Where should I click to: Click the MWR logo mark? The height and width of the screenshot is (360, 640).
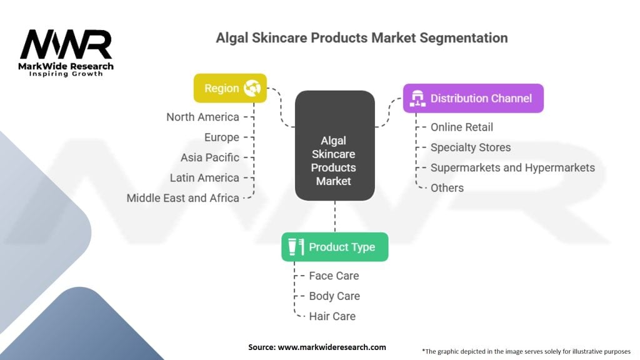tap(66, 44)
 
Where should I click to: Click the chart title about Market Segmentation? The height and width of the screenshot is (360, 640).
tap(362, 38)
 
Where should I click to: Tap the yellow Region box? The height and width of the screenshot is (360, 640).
tap(230, 88)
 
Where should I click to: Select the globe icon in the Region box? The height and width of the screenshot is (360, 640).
tap(252, 87)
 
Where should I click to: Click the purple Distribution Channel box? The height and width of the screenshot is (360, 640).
tap(474, 98)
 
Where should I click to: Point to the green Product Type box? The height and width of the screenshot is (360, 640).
tap(335, 247)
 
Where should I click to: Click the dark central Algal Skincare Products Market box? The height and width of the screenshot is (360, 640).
tap(335, 146)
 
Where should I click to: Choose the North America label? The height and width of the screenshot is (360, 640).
tap(203, 117)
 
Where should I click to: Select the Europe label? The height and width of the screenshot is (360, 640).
tap(222, 137)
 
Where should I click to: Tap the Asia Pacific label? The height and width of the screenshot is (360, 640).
tap(210, 157)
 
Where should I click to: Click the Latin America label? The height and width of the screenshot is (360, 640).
tap(204, 178)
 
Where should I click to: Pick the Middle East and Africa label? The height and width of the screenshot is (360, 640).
tap(183, 198)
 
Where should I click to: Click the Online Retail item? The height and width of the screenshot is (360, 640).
tap(462, 127)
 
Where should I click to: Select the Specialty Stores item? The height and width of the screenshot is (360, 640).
tap(471, 147)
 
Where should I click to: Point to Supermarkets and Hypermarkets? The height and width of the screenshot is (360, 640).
tap(512, 167)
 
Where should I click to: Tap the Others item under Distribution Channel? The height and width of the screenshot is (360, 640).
tap(447, 188)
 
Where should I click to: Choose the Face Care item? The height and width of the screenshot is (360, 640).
tap(334, 276)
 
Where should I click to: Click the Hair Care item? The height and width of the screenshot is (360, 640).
tap(332, 316)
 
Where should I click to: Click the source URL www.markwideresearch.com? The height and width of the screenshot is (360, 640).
tap(332, 347)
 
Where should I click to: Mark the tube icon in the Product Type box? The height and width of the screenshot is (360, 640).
tap(296, 247)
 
